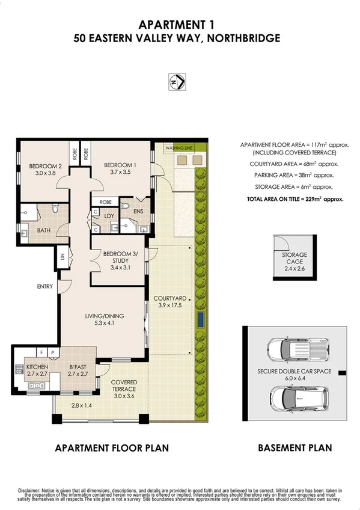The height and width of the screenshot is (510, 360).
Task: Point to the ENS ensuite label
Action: tap(139, 212)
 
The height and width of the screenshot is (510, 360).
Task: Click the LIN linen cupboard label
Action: tap(62, 257)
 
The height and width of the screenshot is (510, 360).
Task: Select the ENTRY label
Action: tap(44, 287)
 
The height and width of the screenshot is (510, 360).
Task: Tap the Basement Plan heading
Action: tap(294, 448)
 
